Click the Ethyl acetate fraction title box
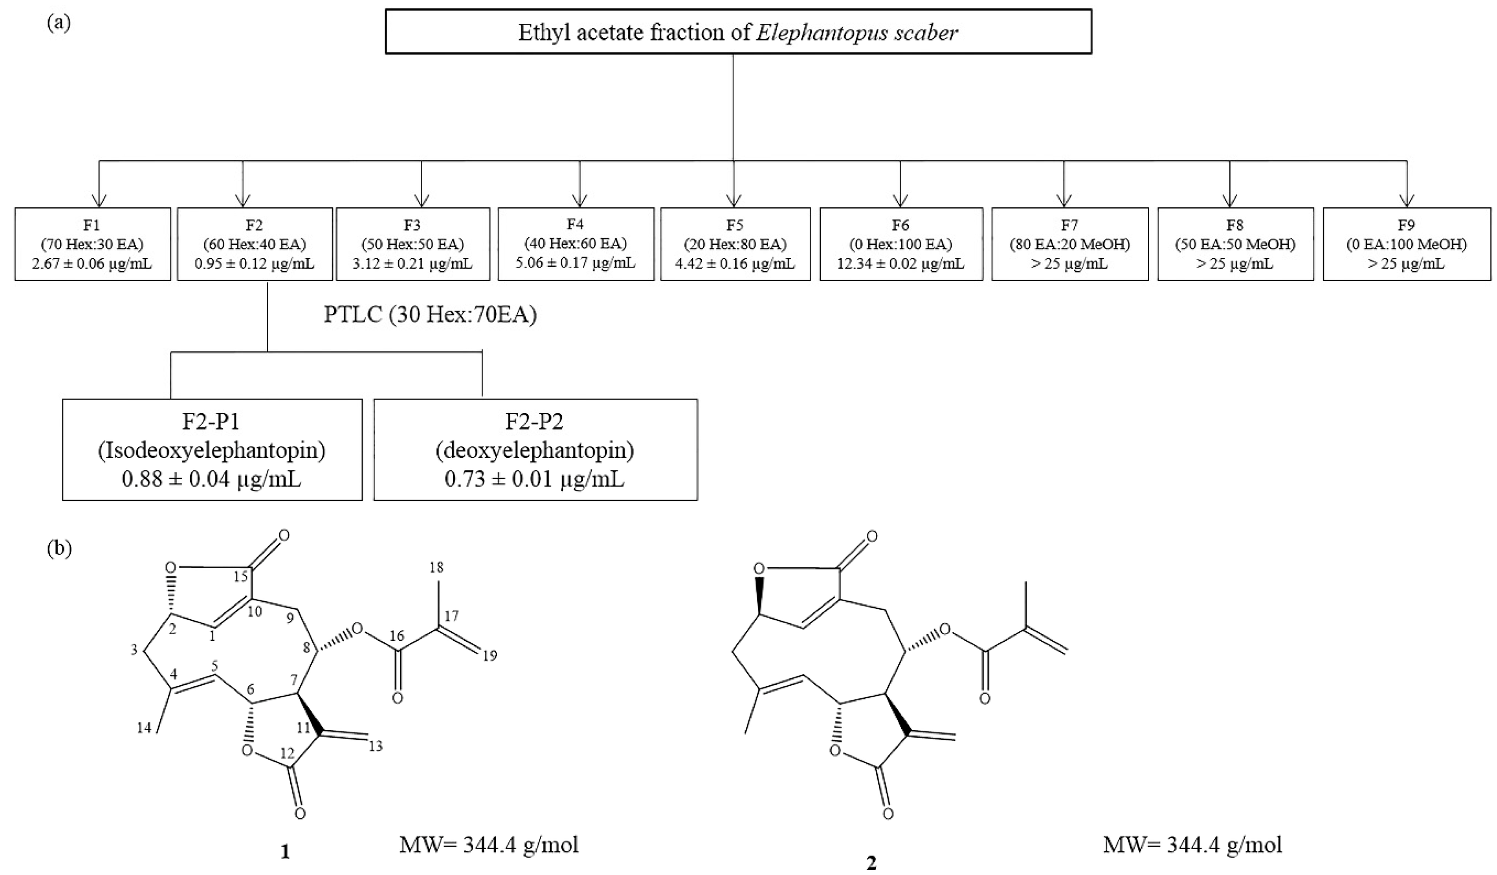[738, 32]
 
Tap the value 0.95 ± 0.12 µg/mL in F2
[254, 263]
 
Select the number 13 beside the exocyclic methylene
[376, 746]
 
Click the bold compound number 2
[871, 863]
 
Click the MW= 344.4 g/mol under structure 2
[1192, 844]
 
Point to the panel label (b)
[59, 548]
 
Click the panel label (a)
[59, 23]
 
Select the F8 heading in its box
[1235, 225]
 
